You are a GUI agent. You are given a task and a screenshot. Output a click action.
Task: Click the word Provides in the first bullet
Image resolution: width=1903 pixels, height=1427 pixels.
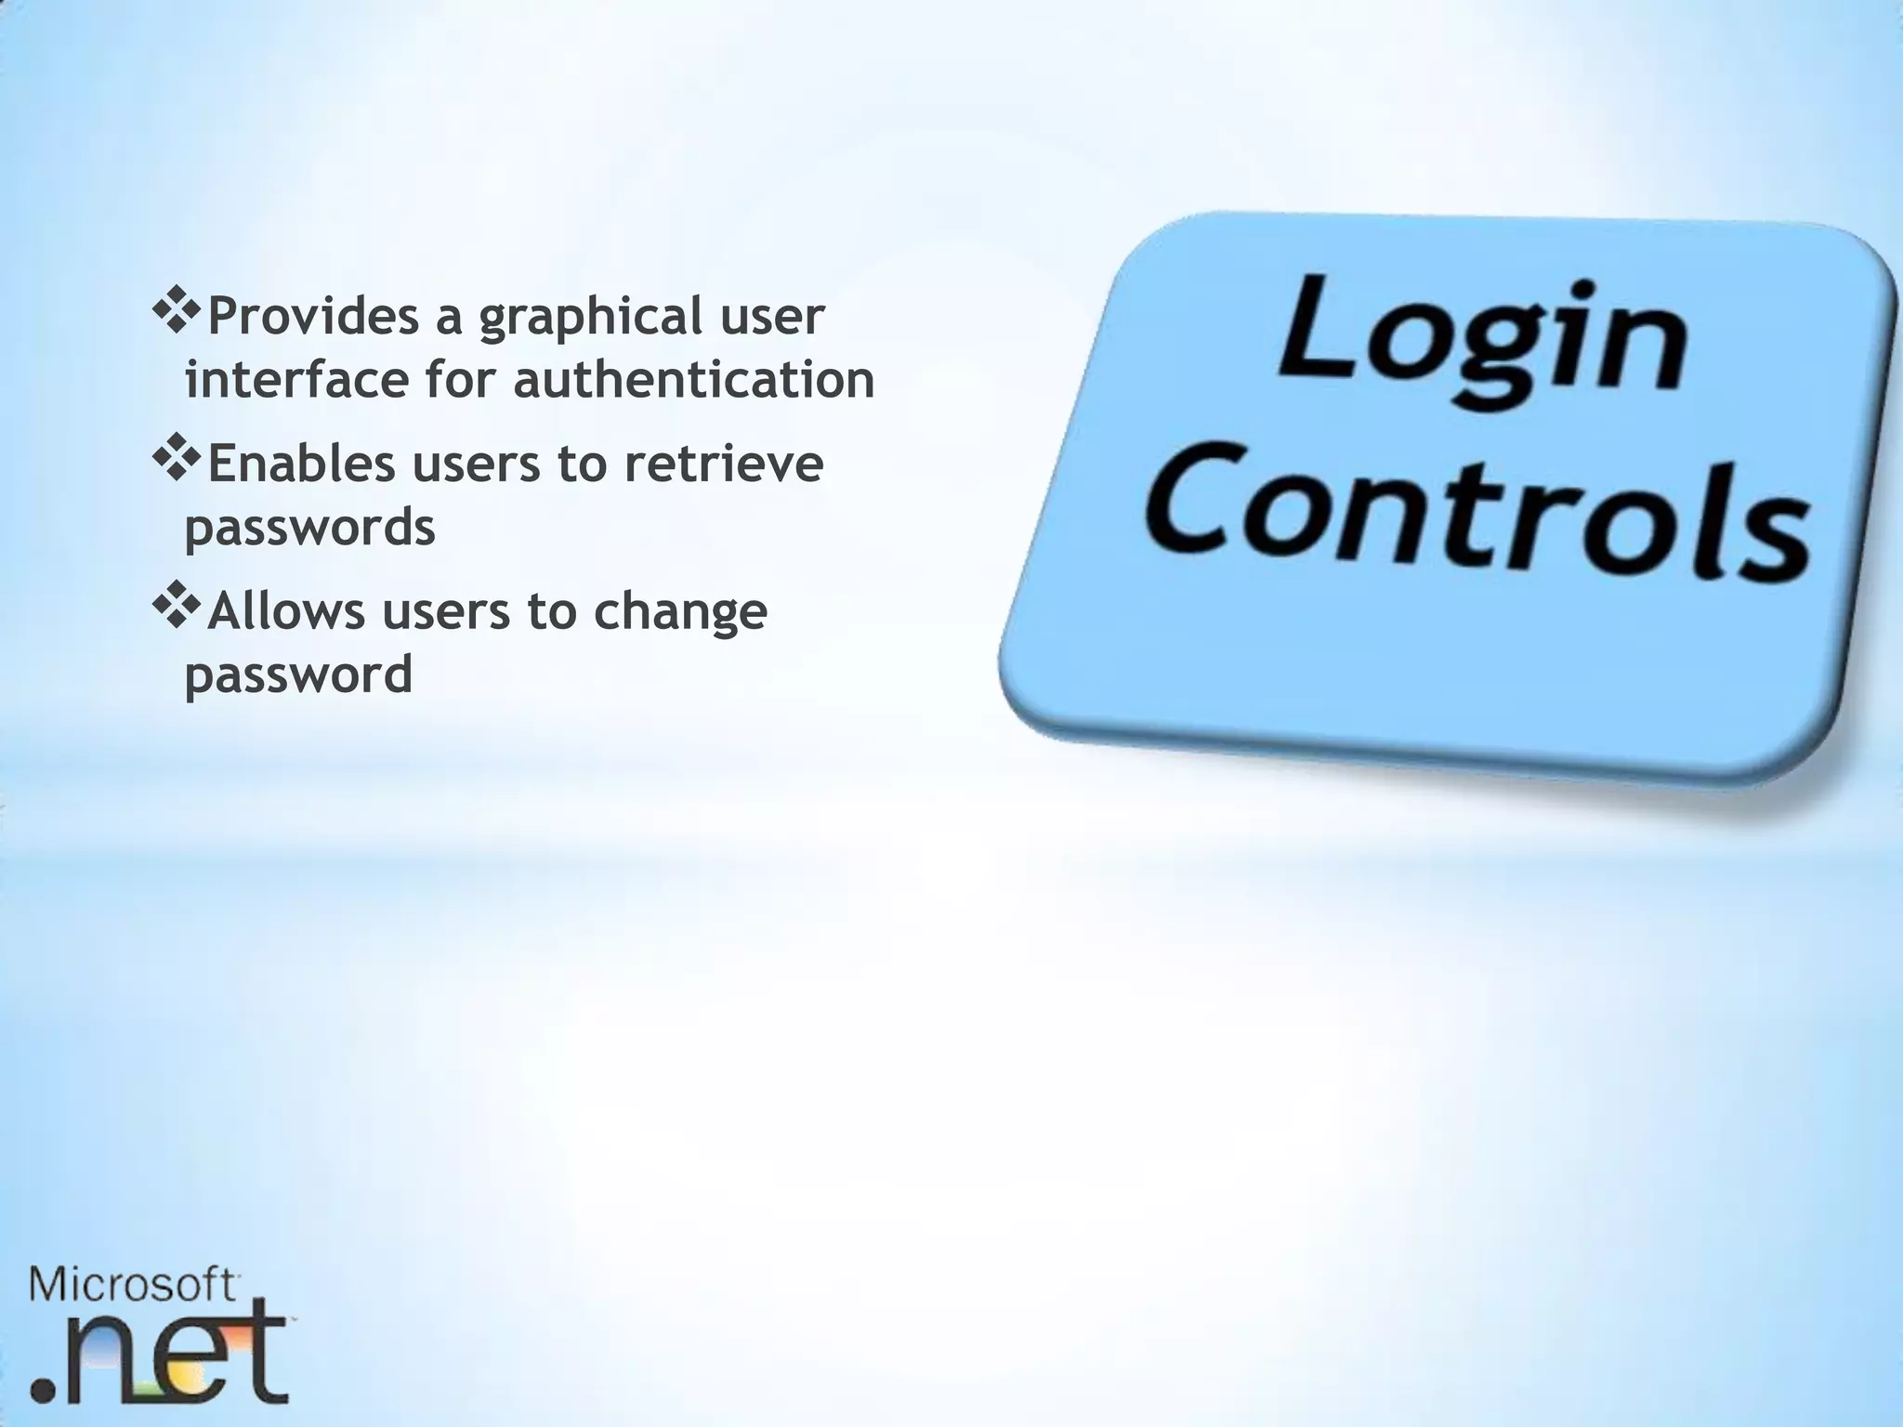coord(313,316)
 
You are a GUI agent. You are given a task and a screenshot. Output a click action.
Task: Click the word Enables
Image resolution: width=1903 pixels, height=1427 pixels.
coord(301,463)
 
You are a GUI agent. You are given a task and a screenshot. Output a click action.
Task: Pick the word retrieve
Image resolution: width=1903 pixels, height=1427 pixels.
coord(724,463)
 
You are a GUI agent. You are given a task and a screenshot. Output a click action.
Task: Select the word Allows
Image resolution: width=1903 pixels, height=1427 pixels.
coord(286,610)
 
